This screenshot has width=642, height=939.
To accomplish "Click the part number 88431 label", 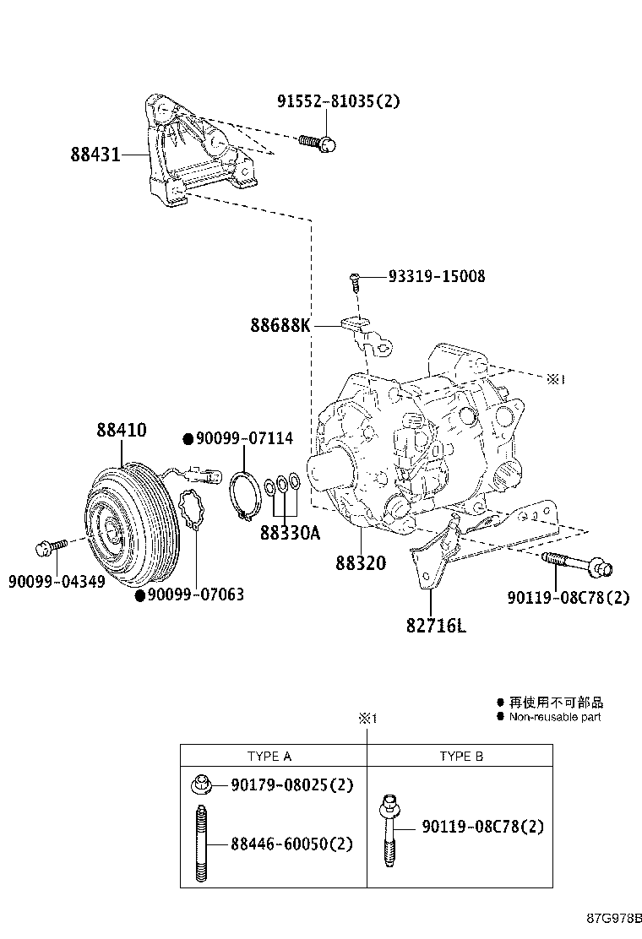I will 95,155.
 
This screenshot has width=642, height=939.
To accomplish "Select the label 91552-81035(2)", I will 338,101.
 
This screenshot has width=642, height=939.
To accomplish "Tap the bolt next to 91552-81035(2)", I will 318,143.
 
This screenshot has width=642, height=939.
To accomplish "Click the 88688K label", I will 280,324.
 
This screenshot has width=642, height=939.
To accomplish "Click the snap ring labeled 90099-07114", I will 245,494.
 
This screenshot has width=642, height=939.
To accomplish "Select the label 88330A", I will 290,534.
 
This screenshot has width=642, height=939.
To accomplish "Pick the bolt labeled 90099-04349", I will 48,548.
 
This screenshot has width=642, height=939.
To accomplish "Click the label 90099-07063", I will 195,594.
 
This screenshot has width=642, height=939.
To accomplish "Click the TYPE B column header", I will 461,756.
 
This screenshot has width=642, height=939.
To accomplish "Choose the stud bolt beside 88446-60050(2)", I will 201,844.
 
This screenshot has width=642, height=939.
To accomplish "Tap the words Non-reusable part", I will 554,717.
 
